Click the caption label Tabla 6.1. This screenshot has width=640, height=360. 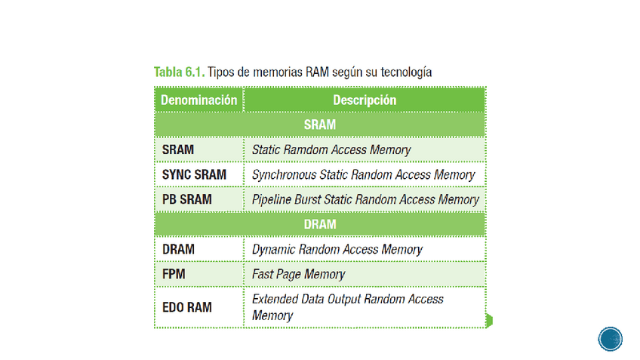tap(179, 72)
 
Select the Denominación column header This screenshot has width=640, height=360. tap(199, 100)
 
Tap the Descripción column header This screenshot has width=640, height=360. tap(364, 100)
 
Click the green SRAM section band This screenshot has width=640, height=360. tap(320, 125)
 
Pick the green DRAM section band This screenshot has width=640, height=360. tap(320, 224)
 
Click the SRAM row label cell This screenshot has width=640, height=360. tap(178, 149)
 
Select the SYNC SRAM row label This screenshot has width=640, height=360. tap(194, 174)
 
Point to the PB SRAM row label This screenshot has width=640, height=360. tap(186, 199)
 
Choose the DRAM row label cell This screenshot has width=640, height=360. tap(178, 249)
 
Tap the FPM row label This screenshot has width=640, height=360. tap(175, 274)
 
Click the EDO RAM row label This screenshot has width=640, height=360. tap(187, 307)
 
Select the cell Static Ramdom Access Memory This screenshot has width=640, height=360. tap(331, 149)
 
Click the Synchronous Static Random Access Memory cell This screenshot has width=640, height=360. tap(364, 174)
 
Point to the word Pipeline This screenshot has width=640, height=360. tap(272, 199)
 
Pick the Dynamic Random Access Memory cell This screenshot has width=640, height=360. tap(337, 249)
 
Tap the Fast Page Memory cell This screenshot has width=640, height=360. tap(298, 274)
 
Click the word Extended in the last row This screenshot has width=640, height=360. tap(275, 299)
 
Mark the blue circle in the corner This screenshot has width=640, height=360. tap(611, 338)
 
